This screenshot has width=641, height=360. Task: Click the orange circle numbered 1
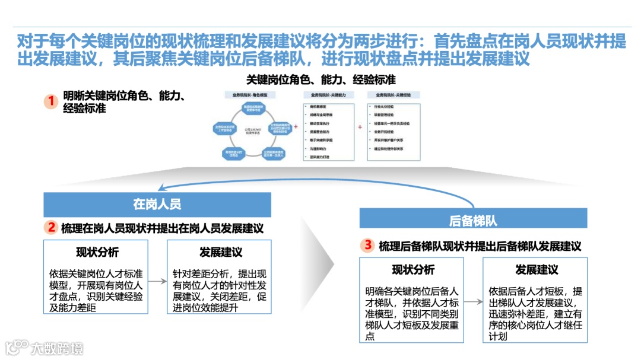[x=52, y=101]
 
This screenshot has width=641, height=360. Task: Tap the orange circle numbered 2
[x=52, y=227]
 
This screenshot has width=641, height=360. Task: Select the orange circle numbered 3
[x=369, y=245]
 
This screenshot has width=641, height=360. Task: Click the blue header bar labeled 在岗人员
[x=157, y=205]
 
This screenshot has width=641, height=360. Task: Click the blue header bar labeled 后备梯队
[x=473, y=221]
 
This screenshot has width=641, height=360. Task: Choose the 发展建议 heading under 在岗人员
[x=221, y=252]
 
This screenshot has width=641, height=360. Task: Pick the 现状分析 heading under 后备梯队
[x=413, y=270]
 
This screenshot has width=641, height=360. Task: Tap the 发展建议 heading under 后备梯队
[x=537, y=270]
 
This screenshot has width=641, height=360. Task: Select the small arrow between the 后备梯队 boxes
[x=473, y=302]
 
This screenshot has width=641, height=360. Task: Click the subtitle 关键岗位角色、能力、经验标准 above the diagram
[x=320, y=79]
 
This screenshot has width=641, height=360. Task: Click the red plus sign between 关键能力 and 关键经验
[x=360, y=127]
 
